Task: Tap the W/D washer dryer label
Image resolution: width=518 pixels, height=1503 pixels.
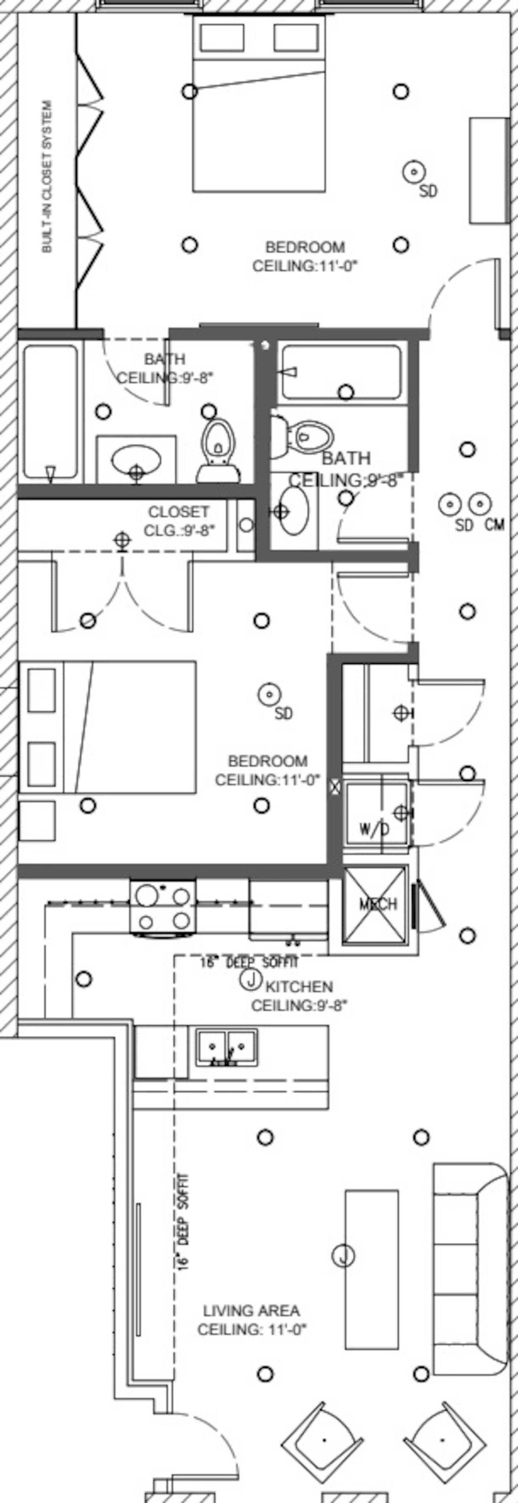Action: pyautogui.click(x=374, y=829)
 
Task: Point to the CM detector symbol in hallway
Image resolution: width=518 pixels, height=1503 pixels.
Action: pyautogui.click(x=480, y=503)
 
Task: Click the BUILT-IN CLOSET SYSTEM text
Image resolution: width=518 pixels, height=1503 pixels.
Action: pyautogui.click(x=47, y=177)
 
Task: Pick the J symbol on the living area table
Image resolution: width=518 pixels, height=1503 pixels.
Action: pyautogui.click(x=344, y=1254)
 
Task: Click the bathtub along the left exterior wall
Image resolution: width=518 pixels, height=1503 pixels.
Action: pyautogui.click(x=51, y=411)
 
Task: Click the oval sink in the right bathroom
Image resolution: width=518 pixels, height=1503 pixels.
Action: pyautogui.click(x=294, y=511)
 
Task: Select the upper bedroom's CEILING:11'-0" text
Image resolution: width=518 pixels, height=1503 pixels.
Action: pyautogui.click(x=304, y=266)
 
